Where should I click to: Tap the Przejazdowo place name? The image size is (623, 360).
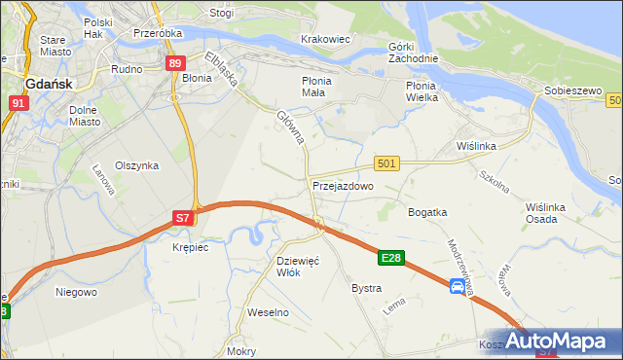point(343,185)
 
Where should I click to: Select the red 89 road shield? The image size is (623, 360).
point(175,63)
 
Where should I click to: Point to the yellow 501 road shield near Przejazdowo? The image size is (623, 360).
point(386,163)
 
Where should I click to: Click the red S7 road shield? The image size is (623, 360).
point(183,219)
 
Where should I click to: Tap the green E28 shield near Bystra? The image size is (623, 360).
point(391,258)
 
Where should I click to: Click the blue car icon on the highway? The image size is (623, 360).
point(458,286)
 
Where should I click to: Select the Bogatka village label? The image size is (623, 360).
point(427,212)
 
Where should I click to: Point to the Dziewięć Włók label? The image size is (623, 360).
point(298,267)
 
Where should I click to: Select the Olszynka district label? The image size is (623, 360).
point(136,165)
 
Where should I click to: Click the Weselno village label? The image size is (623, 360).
point(269,312)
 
